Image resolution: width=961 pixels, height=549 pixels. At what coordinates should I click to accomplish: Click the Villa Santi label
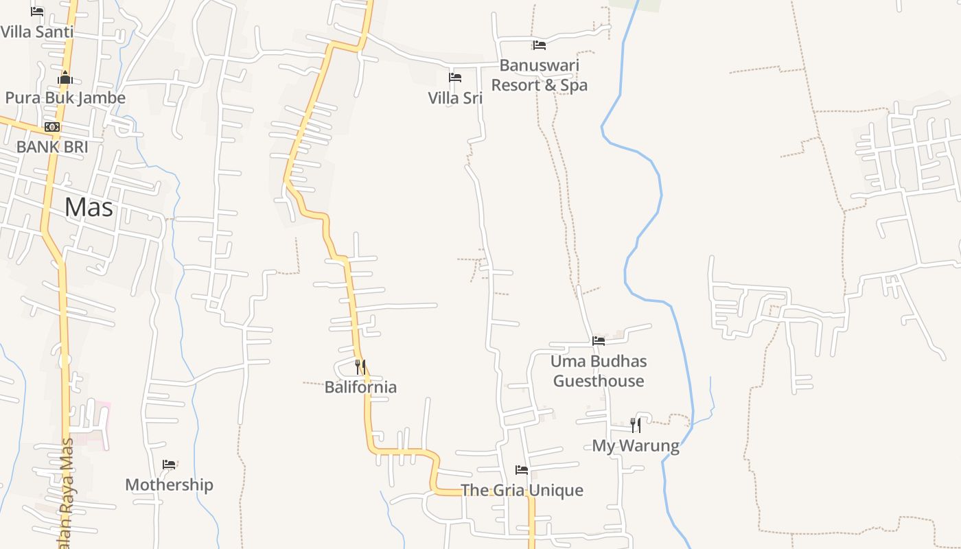point(36,32)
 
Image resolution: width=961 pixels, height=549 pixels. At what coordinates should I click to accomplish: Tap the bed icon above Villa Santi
point(37,12)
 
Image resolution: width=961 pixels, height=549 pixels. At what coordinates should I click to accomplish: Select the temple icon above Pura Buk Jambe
point(65,78)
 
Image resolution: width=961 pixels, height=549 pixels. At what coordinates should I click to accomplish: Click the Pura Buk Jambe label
point(65,97)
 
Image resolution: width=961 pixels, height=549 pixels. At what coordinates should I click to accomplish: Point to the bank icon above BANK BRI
point(52,127)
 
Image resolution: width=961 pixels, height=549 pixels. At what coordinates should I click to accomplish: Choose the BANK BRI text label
point(52,146)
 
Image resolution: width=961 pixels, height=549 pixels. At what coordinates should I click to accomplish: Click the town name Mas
point(89,207)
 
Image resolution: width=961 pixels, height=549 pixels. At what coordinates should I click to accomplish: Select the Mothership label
point(169,484)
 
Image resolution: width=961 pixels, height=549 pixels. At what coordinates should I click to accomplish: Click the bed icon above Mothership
point(169,465)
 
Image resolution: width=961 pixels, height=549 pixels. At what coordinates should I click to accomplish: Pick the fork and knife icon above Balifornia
point(360,367)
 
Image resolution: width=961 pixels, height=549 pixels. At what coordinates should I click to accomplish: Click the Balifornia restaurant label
point(360,387)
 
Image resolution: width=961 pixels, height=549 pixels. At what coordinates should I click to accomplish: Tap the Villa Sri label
point(455,98)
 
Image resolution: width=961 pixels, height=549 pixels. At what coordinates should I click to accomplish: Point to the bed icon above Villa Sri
point(455,78)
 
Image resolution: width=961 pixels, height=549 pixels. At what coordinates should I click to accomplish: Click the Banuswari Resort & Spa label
point(540,75)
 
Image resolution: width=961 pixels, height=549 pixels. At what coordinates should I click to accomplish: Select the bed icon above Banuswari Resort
point(540,45)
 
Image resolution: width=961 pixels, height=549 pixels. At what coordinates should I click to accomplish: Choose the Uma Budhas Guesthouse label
point(599,371)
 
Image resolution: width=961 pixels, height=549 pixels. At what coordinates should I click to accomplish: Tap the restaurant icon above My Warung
point(636,425)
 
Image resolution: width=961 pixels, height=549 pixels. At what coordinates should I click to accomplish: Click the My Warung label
point(636,445)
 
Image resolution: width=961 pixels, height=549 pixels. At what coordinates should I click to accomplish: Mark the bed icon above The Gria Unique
point(522,470)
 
